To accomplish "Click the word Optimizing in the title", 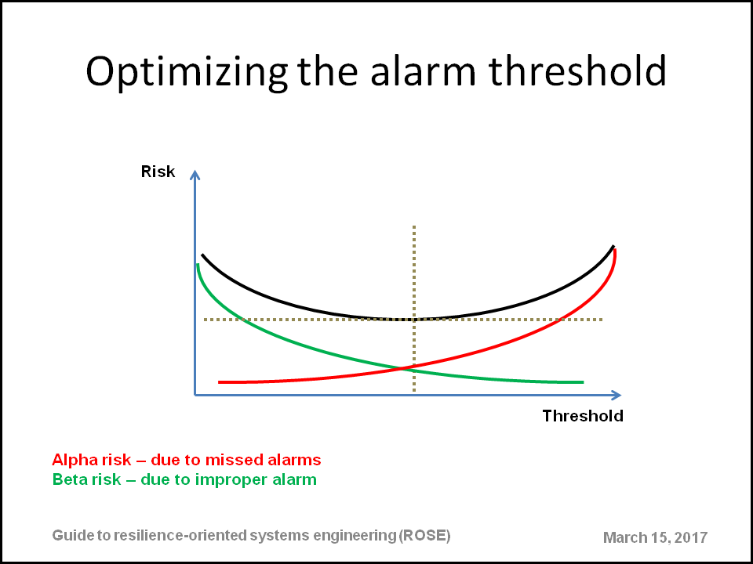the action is tap(187, 72).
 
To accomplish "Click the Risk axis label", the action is tap(158, 172).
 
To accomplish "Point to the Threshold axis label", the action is tap(583, 416).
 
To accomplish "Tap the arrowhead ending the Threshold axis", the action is tap(617, 395).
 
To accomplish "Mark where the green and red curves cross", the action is tap(402, 368).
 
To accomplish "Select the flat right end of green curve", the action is tap(583, 382).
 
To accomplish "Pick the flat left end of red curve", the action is tap(220, 382).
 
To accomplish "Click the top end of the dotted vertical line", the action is tap(414, 226).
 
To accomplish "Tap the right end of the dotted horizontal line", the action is tap(602, 320).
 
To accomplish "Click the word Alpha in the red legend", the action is tap(72, 461).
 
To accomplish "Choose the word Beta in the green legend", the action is tap(67, 479).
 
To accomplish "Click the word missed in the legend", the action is tap(230, 461).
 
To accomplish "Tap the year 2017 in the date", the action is tap(691, 537).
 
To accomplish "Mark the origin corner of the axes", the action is tap(195, 395).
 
